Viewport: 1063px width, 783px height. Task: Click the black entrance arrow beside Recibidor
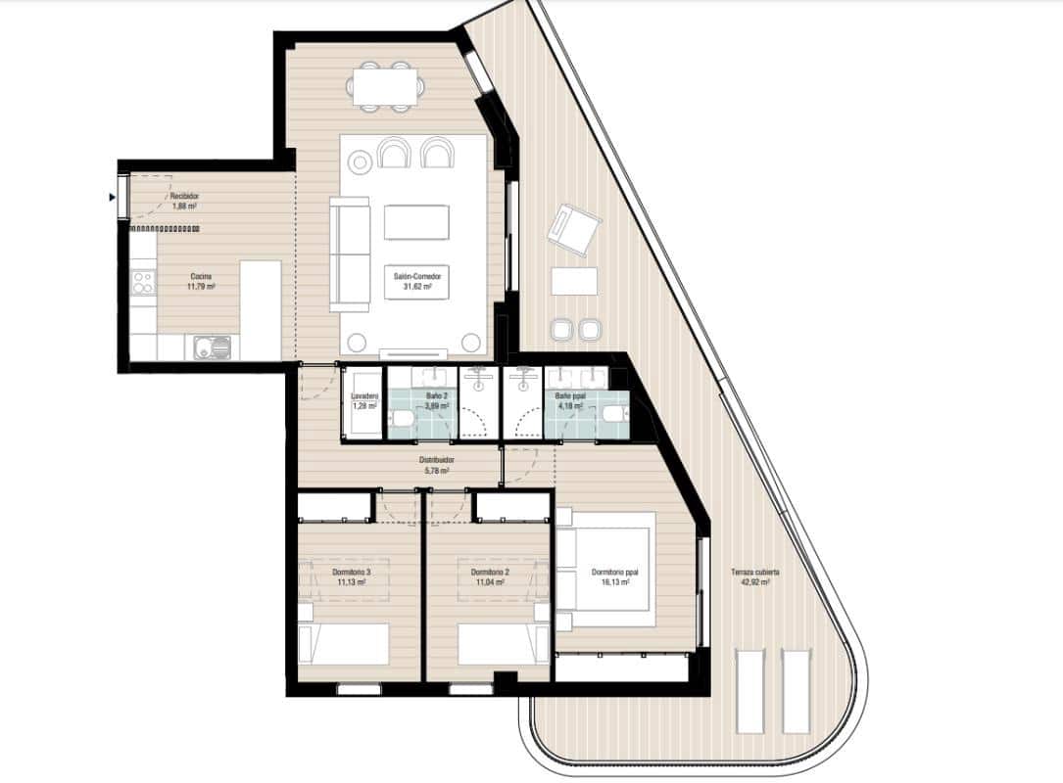point(114,197)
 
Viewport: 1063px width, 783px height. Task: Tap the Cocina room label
point(201,276)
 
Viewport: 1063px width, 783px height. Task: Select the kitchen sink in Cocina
point(212,345)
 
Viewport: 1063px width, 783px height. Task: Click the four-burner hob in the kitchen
point(143,283)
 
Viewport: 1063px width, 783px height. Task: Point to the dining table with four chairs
point(387,85)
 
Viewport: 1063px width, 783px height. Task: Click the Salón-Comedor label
point(417,277)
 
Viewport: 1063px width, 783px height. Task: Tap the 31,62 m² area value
point(417,287)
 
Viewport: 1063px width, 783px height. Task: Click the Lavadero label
point(363,396)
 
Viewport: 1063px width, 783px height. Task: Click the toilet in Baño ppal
point(613,414)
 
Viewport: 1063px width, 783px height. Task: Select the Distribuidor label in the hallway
point(435,460)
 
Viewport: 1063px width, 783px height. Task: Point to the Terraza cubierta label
point(754,572)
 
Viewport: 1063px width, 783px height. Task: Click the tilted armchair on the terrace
point(573,231)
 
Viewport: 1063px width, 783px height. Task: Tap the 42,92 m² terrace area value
point(754,581)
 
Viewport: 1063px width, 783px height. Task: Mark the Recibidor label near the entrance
point(184,197)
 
